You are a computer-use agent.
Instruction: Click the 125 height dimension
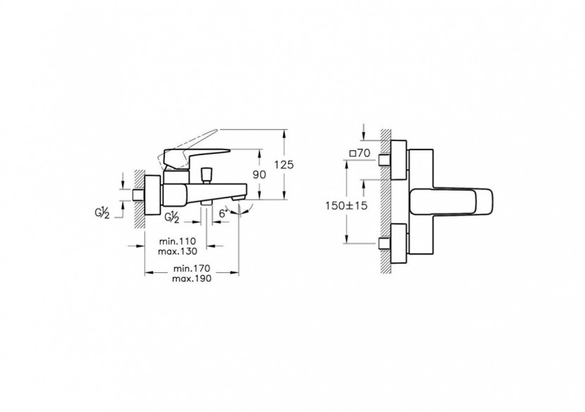point(284,164)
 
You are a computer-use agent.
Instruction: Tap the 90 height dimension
point(259,174)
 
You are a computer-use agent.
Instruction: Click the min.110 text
point(177,241)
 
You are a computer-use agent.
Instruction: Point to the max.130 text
point(177,251)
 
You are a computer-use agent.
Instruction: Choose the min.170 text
point(192,269)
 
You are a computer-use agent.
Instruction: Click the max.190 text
point(192,279)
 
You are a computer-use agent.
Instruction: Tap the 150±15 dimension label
point(346,205)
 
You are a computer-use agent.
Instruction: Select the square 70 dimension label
point(359,153)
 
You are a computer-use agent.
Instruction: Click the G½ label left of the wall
point(101,213)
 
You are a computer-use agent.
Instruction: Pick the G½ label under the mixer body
point(171,218)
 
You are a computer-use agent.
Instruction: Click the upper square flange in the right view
point(398,160)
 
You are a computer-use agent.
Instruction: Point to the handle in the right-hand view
point(451,202)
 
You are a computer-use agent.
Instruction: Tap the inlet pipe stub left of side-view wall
point(138,195)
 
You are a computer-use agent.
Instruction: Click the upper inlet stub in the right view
point(384,160)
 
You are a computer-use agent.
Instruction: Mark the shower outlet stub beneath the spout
point(207,202)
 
